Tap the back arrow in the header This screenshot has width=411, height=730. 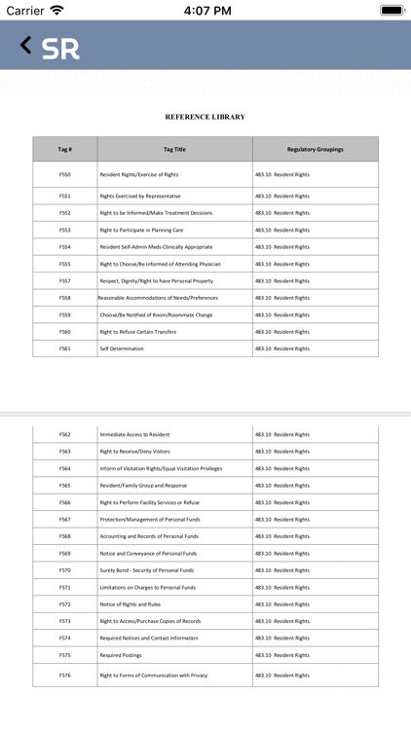(x=25, y=45)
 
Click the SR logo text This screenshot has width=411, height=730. (x=60, y=49)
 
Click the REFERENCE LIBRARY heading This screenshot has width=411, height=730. (x=205, y=117)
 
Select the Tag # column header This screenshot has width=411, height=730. (x=64, y=149)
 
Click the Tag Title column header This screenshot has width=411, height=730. (x=174, y=149)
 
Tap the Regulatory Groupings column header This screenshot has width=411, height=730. (x=315, y=149)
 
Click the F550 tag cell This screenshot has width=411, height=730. (x=64, y=174)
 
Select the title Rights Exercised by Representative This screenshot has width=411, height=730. (x=139, y=196)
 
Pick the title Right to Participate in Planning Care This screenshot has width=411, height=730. (x=141, y=230)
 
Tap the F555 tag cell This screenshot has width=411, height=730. (x=64, y=264)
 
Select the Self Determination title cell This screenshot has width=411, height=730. (x=121, y=348)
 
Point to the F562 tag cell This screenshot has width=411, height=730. (x=64, y=434)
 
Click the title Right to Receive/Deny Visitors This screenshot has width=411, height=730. (x=134, y=452)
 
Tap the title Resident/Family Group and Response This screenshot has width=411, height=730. (x=143, y=486)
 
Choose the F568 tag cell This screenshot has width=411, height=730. (x=64, y=536)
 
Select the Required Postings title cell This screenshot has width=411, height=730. (x=120, y=655)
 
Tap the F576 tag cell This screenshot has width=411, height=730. (x=64, y=675)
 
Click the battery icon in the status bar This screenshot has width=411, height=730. (x=392, y=11)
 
